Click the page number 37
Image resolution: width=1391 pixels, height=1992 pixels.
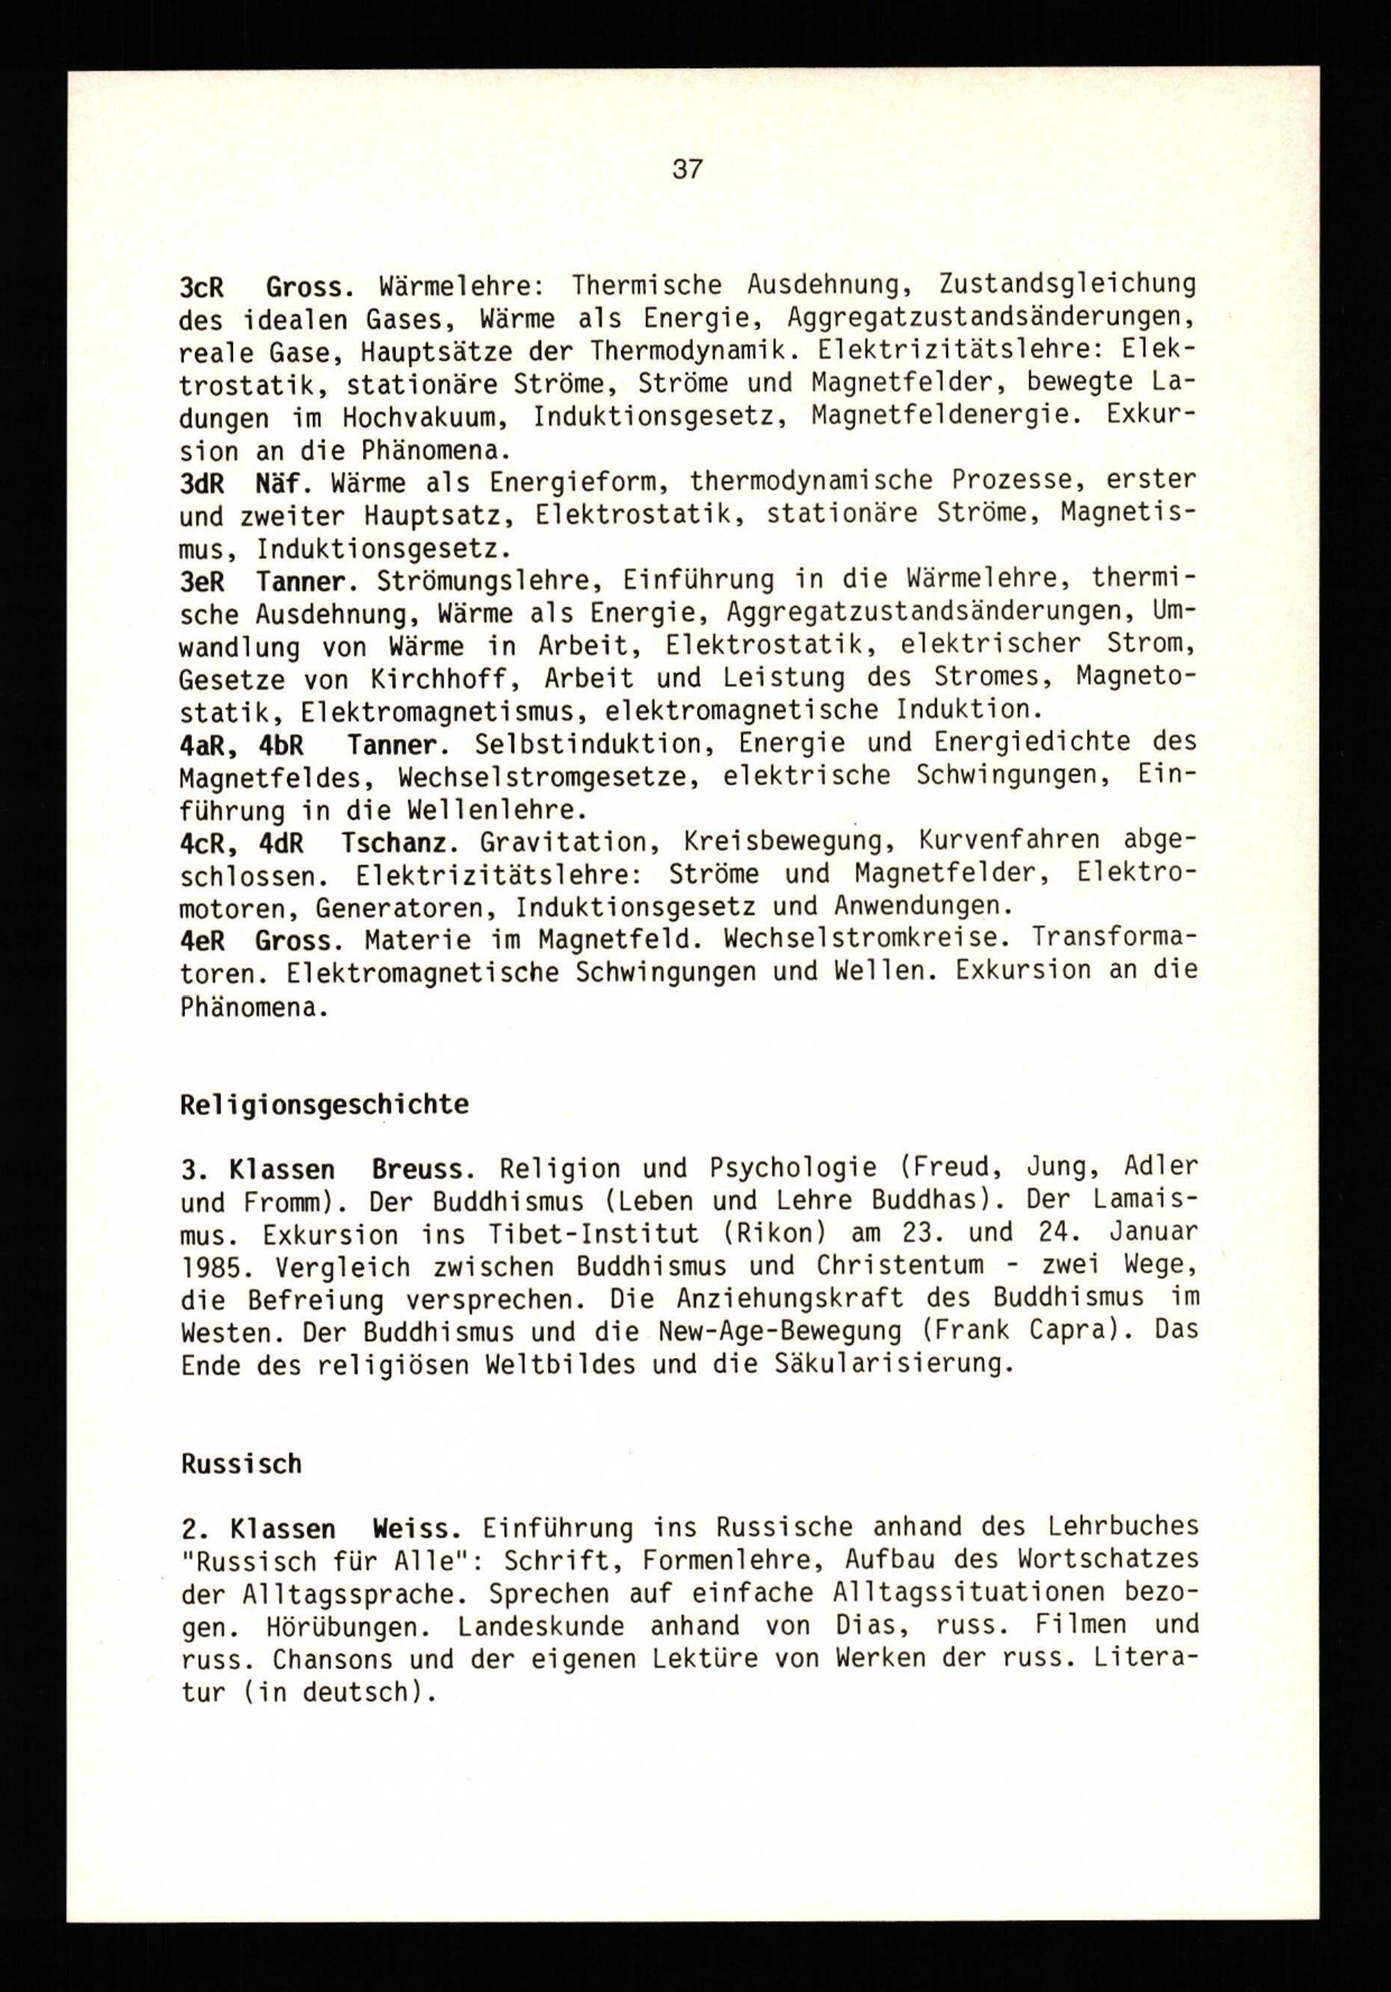click(687, 169)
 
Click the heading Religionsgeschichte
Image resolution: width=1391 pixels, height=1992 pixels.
click(324, 1105)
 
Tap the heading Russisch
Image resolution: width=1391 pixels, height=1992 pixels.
click(241, 1464)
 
